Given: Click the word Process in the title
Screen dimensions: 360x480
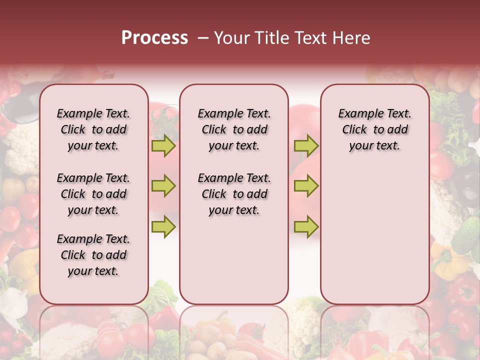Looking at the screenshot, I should point(154,38).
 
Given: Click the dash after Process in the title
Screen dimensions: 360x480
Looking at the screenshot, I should point(202,38).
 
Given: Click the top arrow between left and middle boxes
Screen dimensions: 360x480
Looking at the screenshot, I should point(163,146).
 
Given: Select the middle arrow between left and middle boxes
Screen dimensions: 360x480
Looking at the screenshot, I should point(163,186).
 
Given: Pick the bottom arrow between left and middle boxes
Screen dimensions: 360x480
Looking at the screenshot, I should point(163,227).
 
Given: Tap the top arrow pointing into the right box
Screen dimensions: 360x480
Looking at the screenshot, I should point(306,146).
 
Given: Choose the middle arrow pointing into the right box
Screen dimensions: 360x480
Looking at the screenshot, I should point(306,186).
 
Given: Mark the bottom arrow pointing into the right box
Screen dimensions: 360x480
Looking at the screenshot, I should point(306,227).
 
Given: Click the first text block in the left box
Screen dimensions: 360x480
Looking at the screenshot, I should point(93,129).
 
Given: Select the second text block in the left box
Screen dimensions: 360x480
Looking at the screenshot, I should point(93,194).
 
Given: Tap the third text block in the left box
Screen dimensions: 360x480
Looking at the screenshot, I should point(93,255).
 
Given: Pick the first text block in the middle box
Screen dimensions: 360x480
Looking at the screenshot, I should point(234,129).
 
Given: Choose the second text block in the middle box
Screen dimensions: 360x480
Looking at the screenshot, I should point(234,194).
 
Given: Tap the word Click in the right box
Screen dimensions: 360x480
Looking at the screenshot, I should point(354,130).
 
